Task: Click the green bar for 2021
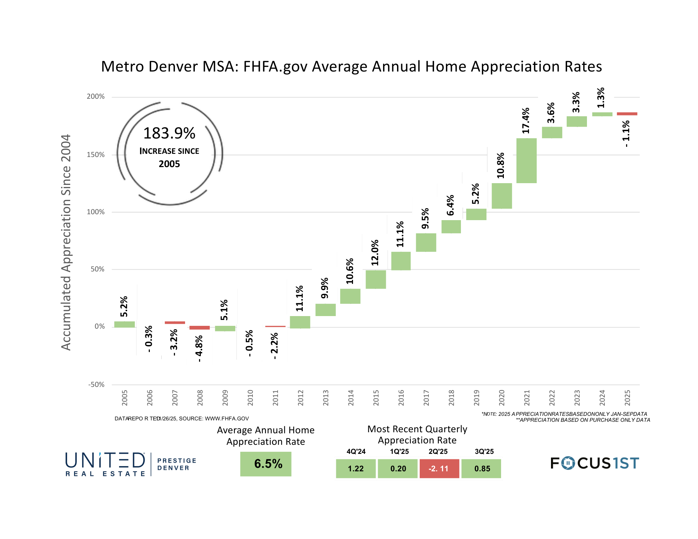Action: tap(526, 160)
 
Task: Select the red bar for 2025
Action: tap(627, 114)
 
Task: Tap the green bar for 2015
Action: tap(376, 279)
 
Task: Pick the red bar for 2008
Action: tap(199, 328)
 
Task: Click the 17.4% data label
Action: tap(526, 121)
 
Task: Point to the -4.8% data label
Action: tap(199, 349)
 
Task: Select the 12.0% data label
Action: tap(375, 253)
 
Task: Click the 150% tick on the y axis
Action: tap(96, 155)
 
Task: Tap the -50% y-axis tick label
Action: tap(96, 384)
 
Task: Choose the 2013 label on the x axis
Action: tap(326, 398)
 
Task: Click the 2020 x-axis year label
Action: tap(502, 398)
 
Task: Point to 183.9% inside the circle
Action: tap(169, 133)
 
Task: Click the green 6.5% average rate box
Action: tap(266, 464)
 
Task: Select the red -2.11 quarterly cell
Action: tap(439, 469)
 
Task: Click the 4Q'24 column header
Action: tap(356, 451)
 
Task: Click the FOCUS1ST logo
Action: tap(595, 463)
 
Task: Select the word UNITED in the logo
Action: tap(105, 461)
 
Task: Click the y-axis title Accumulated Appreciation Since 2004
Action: tap(66, 242)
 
